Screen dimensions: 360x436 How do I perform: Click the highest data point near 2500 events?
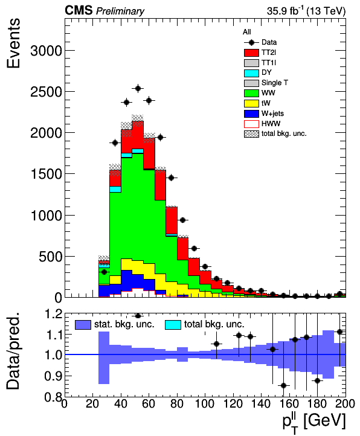coord(138,88)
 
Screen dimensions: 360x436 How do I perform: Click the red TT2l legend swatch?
coord(251,53)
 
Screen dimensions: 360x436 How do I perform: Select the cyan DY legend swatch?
coord(251,73)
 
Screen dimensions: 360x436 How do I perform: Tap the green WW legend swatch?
coord(251,93)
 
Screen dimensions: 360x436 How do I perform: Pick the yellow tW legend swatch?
coord(251,103)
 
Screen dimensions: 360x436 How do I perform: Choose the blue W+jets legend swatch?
coord(251,114)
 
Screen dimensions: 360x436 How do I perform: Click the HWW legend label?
coord(271,123)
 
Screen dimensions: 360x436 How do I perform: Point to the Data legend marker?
coord(251,42)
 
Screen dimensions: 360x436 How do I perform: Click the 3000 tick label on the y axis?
coord(46,51)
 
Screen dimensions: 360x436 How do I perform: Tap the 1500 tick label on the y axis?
coord(46,175)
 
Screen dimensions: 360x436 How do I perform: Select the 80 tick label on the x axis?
coord(176,403)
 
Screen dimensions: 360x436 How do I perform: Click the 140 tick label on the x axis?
coord(261,403)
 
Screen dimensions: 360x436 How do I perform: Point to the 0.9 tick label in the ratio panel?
coord(53,376)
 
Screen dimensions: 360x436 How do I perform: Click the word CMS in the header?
coord(79,10)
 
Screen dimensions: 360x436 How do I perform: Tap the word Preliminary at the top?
coord(120,11)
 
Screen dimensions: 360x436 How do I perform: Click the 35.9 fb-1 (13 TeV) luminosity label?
coord(306,10)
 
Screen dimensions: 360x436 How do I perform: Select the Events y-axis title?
coord(13,43)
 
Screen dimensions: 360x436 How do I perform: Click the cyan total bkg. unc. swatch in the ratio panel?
coord(173,325)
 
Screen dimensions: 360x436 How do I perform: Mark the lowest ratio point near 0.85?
coord(283,386)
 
